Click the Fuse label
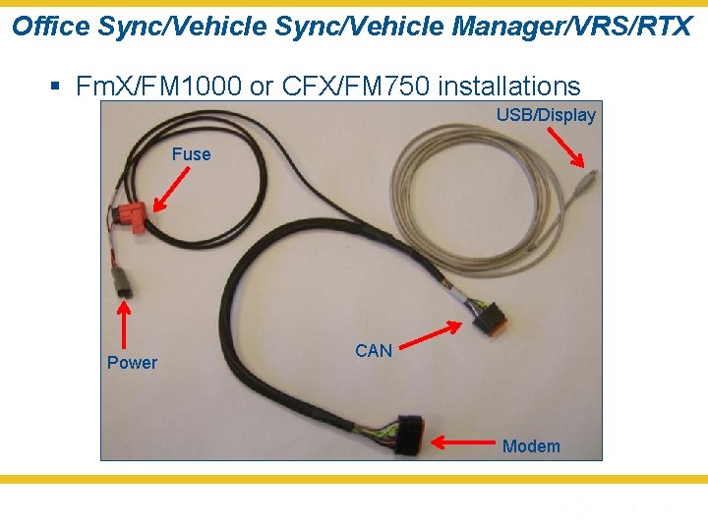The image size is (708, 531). click(x=191, y=154)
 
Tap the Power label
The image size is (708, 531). click(x=132, y=363)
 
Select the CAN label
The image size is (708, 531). click(x=374, y=351)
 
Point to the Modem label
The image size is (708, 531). click(x=531, y=446)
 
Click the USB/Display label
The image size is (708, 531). click(x=546, y=115)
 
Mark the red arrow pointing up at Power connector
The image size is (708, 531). click(x=124, y=324)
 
